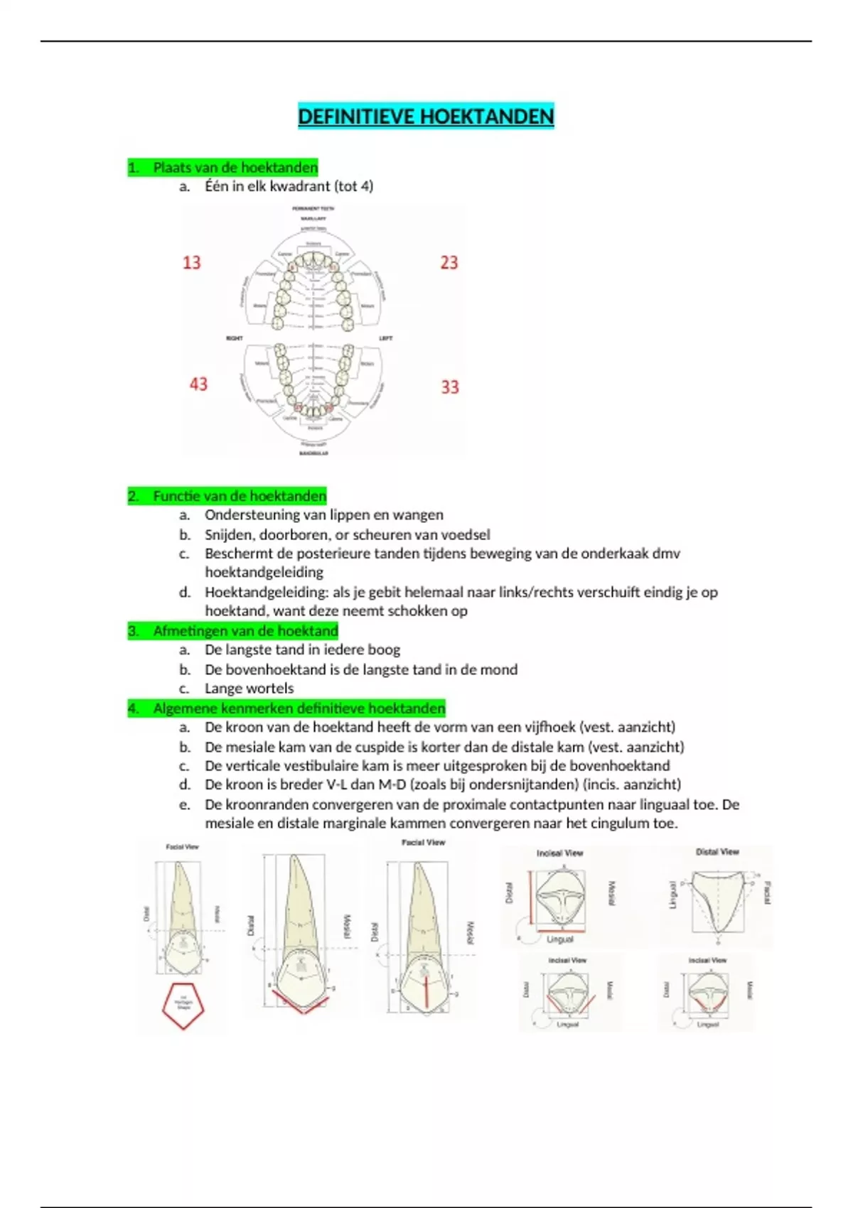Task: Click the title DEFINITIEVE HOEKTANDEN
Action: tap(426, 117)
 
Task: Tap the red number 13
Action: tap(192, 263)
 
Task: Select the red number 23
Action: tap(449, 263)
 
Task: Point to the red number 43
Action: tap(198, 384)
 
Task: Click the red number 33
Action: tap(450, 387)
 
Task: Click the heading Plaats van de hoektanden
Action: tap(235, 168)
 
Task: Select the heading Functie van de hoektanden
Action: tap(240, 496)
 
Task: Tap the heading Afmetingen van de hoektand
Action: tap(245, 631)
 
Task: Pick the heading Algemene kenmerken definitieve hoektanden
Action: tap(299, 708)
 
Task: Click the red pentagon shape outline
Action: tap(183, 1006)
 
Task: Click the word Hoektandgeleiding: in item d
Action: tap(267, 592)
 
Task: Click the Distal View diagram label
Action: tap(717, 851)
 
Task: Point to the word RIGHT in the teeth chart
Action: tap(235, 338)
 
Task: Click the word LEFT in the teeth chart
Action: tap(386, 338)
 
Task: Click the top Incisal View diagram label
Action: tap(559, 853)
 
